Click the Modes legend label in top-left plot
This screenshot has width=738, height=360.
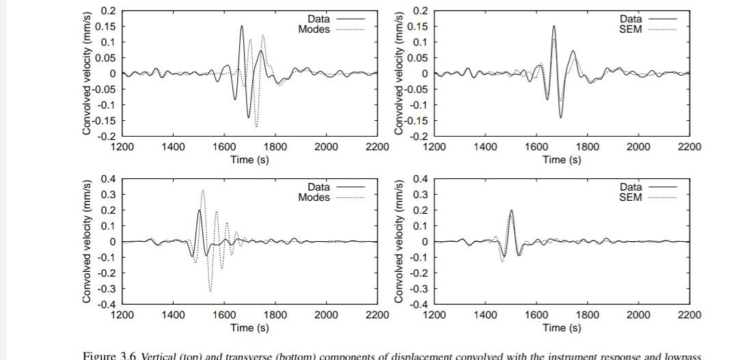[314, 29]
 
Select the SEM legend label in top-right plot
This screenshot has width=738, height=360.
[630, 29]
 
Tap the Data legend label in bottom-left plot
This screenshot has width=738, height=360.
[318, 186]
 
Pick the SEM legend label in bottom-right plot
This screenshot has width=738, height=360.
[630, 197]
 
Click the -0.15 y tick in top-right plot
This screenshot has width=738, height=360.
[416, 121]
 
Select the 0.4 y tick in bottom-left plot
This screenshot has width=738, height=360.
[108, 179]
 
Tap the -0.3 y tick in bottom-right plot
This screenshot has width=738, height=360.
[419, 289]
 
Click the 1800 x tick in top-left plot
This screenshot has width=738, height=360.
[275, 146]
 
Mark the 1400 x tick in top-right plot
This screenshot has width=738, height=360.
[485, 146]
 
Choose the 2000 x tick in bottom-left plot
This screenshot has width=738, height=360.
[326, 315]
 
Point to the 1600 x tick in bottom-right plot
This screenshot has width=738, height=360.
[536, 315]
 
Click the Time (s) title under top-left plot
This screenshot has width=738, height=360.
[249, 160]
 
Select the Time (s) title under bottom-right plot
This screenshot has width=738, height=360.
[562, 328]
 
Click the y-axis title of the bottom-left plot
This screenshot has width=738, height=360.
[87, 242]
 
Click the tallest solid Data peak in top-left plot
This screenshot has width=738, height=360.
[241, 27]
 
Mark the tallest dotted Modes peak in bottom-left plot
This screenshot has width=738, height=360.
[202, 191]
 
